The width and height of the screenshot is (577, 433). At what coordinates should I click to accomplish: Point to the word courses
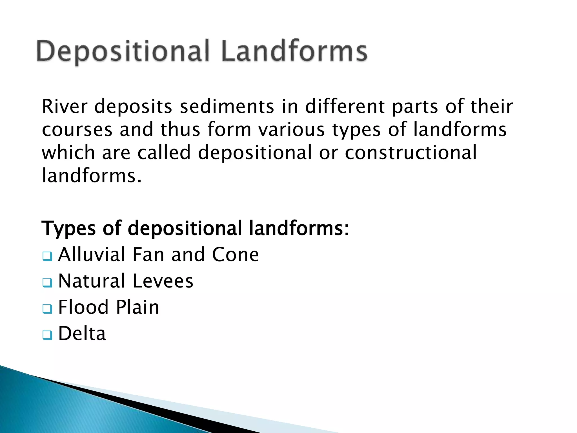tap(77, 130)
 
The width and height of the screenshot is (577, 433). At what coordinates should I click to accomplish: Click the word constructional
tap(410, 153)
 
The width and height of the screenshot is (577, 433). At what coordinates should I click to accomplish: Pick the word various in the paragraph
tap(292, 130)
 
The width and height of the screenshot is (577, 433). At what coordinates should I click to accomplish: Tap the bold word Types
tap(69, 228)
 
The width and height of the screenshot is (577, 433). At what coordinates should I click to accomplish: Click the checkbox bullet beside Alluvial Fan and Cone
tap(47, 256)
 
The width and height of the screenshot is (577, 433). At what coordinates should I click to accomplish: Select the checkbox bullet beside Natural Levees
tap(47, 282)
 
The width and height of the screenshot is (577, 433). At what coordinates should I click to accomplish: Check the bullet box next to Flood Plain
tap(47, 308)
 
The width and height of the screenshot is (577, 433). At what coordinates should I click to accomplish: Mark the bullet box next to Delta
tap(47, 335)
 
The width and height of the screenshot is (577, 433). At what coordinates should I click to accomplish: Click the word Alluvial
tap(91, 255)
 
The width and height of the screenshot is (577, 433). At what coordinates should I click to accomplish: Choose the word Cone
tap(235, 255)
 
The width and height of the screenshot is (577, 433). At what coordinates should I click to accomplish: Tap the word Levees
tap(163, 281)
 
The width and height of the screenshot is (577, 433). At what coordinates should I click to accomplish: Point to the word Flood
tap(83, 307)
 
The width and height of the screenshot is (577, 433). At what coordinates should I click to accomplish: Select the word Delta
tap(82, 333)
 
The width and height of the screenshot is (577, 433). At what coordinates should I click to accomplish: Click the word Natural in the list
tap(92, 281)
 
